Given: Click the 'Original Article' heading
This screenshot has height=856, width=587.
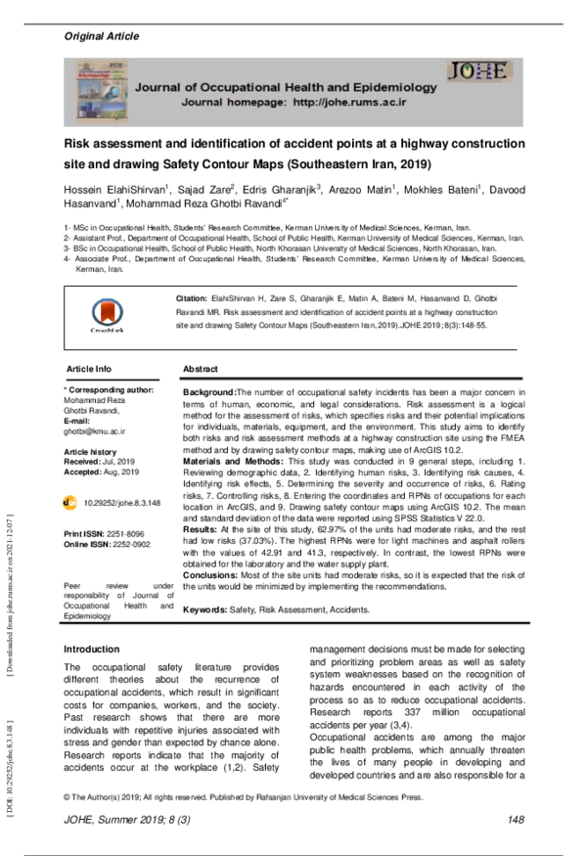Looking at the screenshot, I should pyautogui.click(x=102, y=36).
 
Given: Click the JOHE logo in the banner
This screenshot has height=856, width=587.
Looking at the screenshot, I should pyautogui.click(x=477, y=71).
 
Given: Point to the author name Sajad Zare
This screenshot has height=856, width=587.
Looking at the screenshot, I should pyautogui.click(x=231, y=188).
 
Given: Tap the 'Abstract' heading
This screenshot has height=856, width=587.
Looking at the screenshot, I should pyautogui.click(x=201, y=369).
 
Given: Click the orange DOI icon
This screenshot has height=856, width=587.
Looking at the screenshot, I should pyautogui.click(x=70, y=501).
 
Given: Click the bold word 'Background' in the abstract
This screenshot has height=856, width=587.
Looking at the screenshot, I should pyautogui.click(x=208, y=390).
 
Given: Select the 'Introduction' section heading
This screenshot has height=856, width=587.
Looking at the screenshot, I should pyautogui.click(x=91, y=650).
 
